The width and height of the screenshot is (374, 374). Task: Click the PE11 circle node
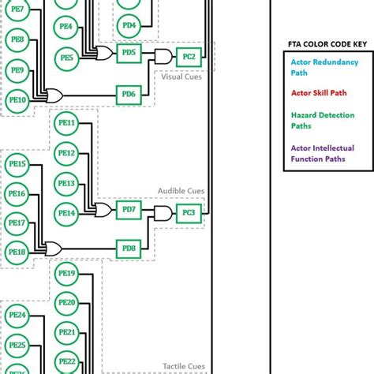pos(67,123)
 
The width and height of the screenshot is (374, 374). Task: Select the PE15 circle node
pos(17,164)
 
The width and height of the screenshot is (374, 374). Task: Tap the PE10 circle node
pos(17,100)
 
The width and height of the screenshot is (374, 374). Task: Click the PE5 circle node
pos(67,57)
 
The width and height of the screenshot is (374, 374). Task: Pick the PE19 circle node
pos(67,274)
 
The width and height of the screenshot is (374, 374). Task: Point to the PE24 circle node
pos(17,315)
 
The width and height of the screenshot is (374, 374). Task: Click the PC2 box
pos(189,55)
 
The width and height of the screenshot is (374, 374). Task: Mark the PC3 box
pos(189,212)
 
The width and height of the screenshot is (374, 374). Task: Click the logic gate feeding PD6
pos(56,95)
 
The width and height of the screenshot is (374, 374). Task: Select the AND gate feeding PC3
pos(163,213)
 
